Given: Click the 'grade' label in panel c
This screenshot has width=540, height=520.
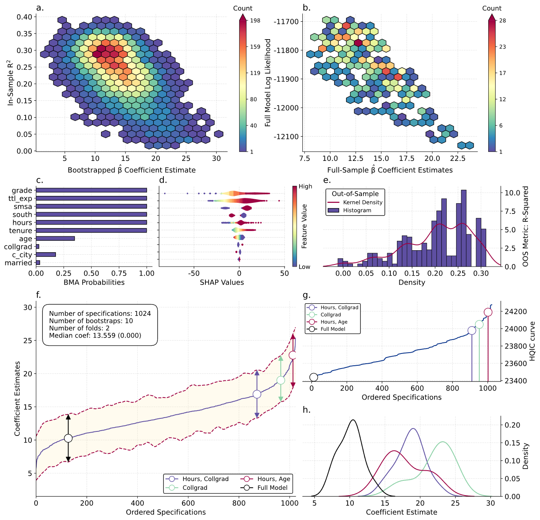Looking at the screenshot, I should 22,190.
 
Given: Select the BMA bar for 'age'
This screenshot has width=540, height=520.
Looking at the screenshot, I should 55,239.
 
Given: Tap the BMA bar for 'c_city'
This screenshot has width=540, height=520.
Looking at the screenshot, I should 46,255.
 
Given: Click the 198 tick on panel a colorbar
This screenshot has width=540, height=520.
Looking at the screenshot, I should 255,20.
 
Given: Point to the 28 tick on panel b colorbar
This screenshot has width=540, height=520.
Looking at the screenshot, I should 503,20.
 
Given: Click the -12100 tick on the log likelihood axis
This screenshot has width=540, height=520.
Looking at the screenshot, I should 287,137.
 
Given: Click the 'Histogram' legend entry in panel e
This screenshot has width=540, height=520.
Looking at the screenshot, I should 357,211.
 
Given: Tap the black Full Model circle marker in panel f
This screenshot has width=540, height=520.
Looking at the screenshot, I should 68,438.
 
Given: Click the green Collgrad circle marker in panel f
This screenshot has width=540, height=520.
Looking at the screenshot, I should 280,380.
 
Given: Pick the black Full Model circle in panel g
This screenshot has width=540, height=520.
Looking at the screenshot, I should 313,377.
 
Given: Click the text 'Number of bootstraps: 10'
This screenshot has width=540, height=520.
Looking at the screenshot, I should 91,321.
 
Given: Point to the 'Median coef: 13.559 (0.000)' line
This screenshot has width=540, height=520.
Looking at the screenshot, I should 95,336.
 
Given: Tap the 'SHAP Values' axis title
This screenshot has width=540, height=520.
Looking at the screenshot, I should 222,282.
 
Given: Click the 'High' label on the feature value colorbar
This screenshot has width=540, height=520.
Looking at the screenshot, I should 305,187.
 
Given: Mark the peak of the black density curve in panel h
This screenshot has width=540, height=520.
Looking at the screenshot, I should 353,420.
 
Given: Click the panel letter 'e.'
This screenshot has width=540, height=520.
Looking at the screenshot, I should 327,180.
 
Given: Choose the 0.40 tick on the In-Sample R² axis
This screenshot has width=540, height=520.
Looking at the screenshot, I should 25,17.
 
